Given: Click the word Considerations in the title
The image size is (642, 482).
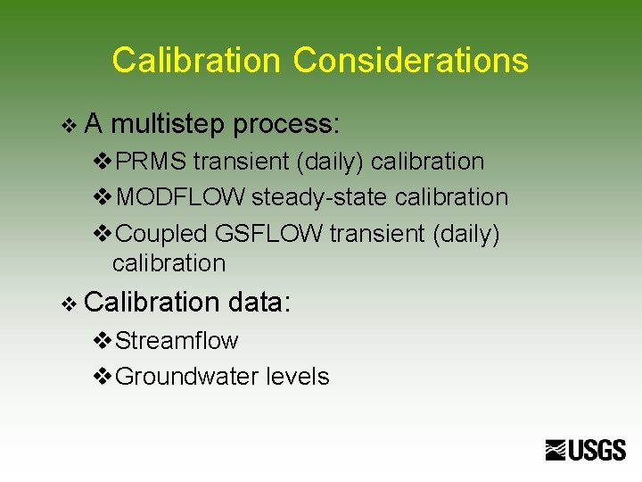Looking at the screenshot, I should tap(410, 61).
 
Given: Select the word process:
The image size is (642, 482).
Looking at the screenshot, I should tap(286, 125).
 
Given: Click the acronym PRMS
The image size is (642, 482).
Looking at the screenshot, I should tap(152, 162).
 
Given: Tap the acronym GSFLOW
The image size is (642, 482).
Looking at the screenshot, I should tap(269, 234).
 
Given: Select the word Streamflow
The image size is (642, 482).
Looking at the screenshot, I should tap(177, 341).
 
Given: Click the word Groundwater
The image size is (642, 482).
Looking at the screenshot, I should tap(188, 377).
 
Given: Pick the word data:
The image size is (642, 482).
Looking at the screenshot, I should tap(259, 303).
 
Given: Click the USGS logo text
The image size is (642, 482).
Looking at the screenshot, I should tap(597, 451).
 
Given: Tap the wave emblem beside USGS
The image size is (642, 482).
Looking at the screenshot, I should tap(556, 451).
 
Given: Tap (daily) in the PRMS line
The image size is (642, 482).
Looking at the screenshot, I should tap(329, 162).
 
